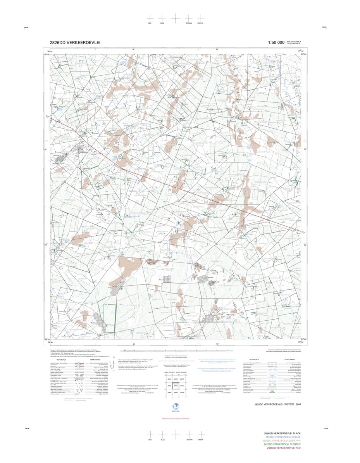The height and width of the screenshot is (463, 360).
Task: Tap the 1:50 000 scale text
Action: [276, 43]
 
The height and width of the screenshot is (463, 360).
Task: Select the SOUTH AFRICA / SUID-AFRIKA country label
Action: [294, 43]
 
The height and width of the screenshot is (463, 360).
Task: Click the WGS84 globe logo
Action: [175, 406]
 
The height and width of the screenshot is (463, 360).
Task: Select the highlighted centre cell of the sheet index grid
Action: [175, 386]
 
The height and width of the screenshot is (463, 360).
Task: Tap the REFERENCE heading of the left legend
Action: [61, 359]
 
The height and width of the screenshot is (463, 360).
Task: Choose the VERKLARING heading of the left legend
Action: [95, 359]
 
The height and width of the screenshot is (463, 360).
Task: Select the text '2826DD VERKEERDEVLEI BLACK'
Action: [282, 433]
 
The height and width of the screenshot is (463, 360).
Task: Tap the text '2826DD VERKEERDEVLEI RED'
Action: [282, 448]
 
